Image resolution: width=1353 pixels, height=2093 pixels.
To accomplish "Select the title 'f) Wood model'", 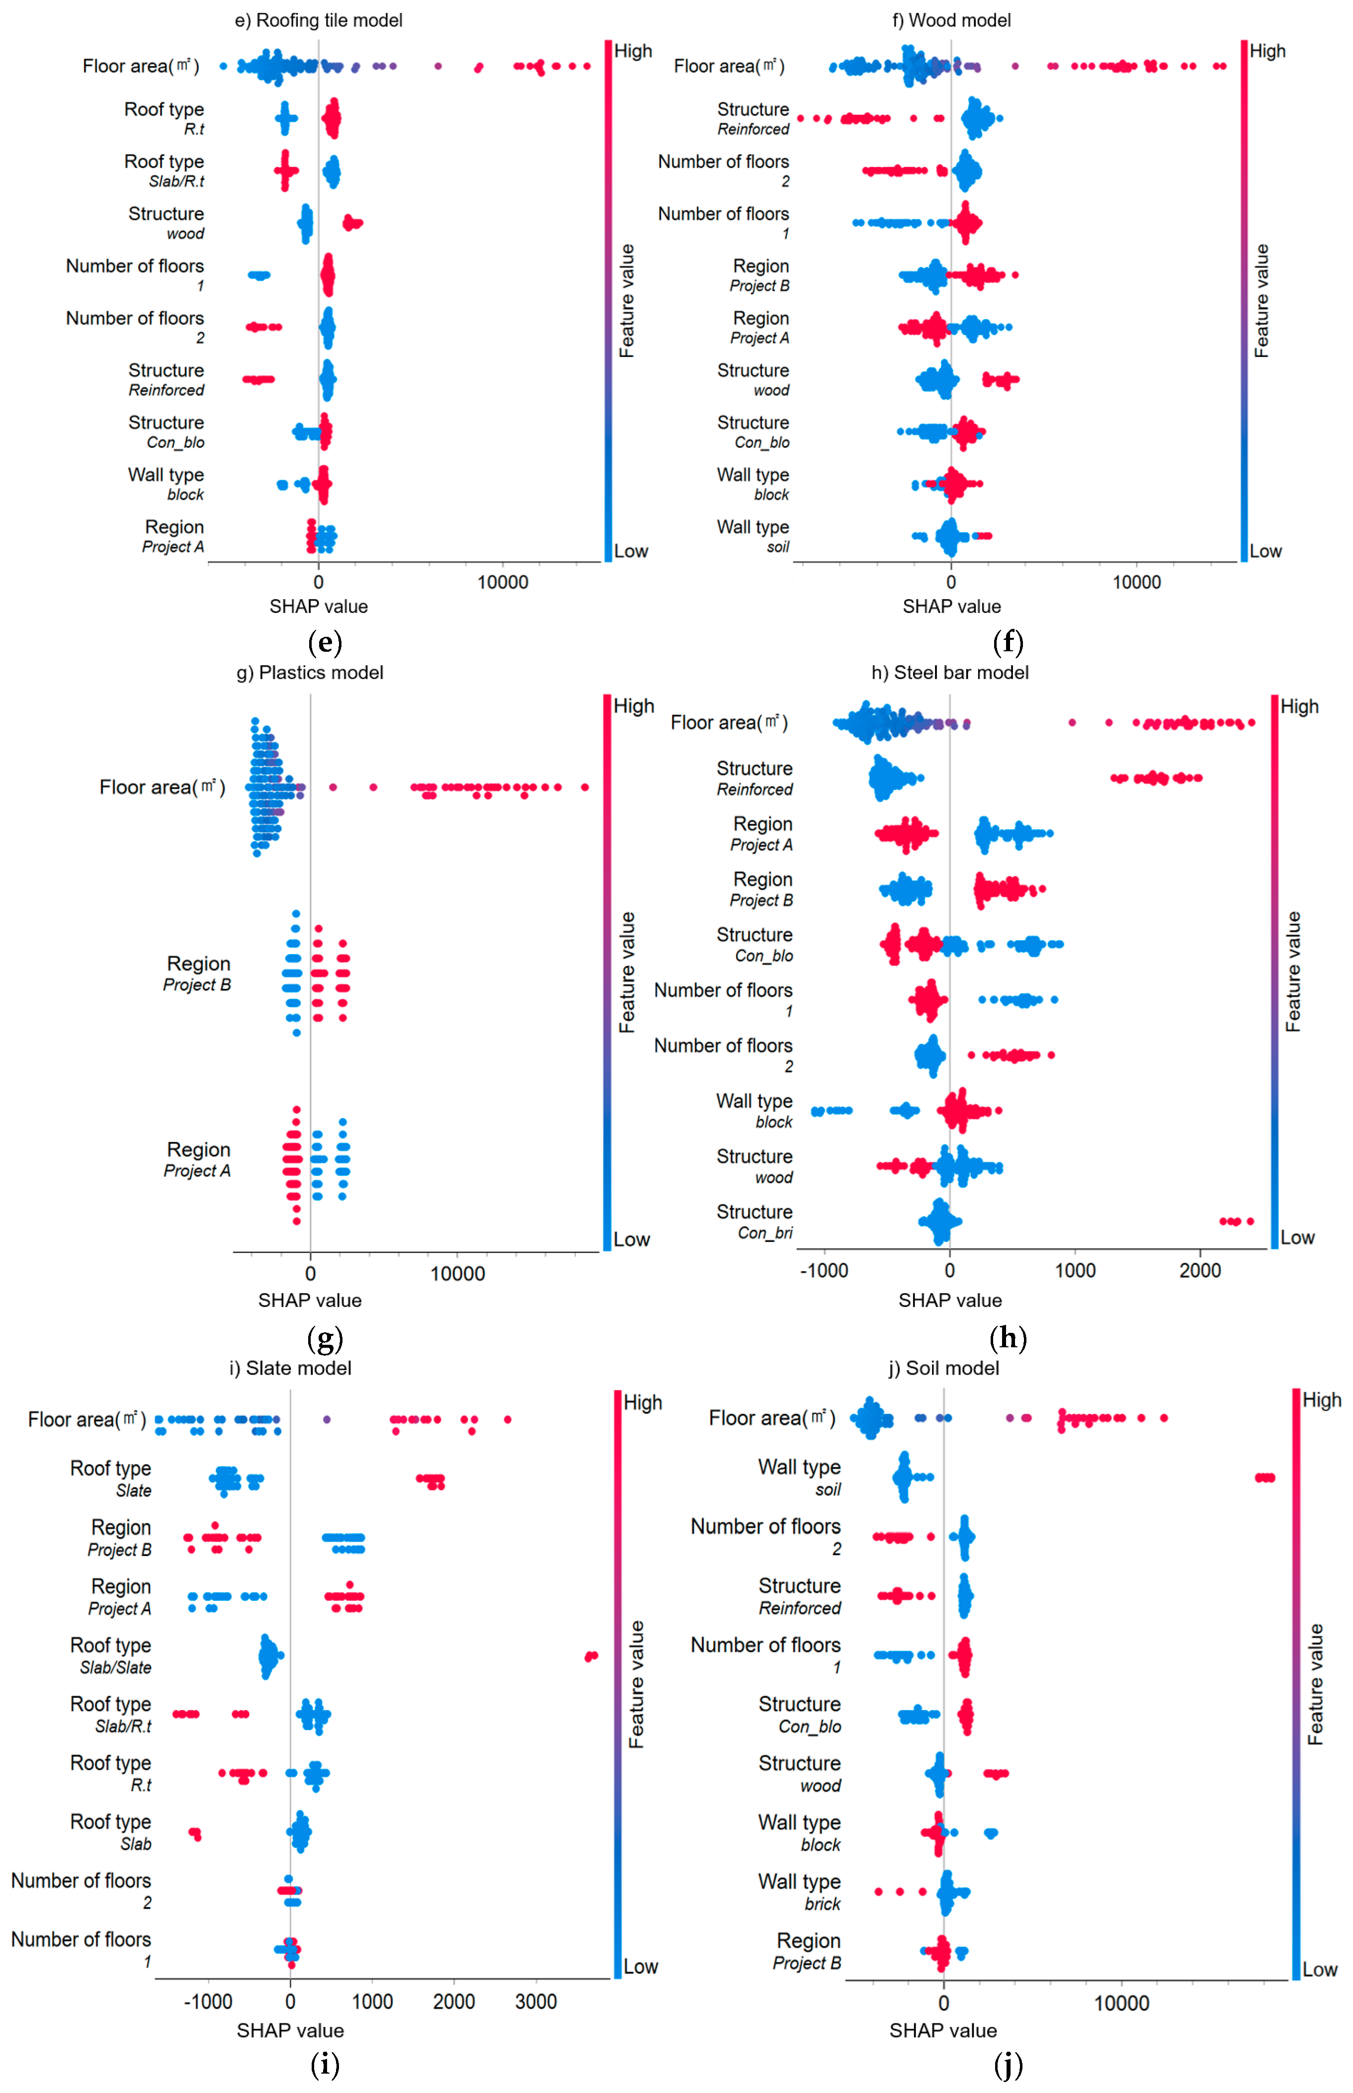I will (951, 20).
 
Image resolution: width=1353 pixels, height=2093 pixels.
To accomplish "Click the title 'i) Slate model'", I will (290, 1368).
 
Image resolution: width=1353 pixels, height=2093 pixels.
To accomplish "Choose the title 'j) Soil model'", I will (943, 1368).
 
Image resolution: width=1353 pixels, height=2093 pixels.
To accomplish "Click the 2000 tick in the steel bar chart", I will (1200, 1271).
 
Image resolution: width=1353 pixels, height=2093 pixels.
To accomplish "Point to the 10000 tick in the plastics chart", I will (457, 1273).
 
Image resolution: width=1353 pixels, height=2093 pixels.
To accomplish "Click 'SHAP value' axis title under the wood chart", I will (951, 607).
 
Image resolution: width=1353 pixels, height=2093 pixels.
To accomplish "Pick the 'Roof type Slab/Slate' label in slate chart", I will (111, 1656).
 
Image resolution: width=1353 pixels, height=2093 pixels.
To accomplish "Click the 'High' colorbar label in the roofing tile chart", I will (633, 51).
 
